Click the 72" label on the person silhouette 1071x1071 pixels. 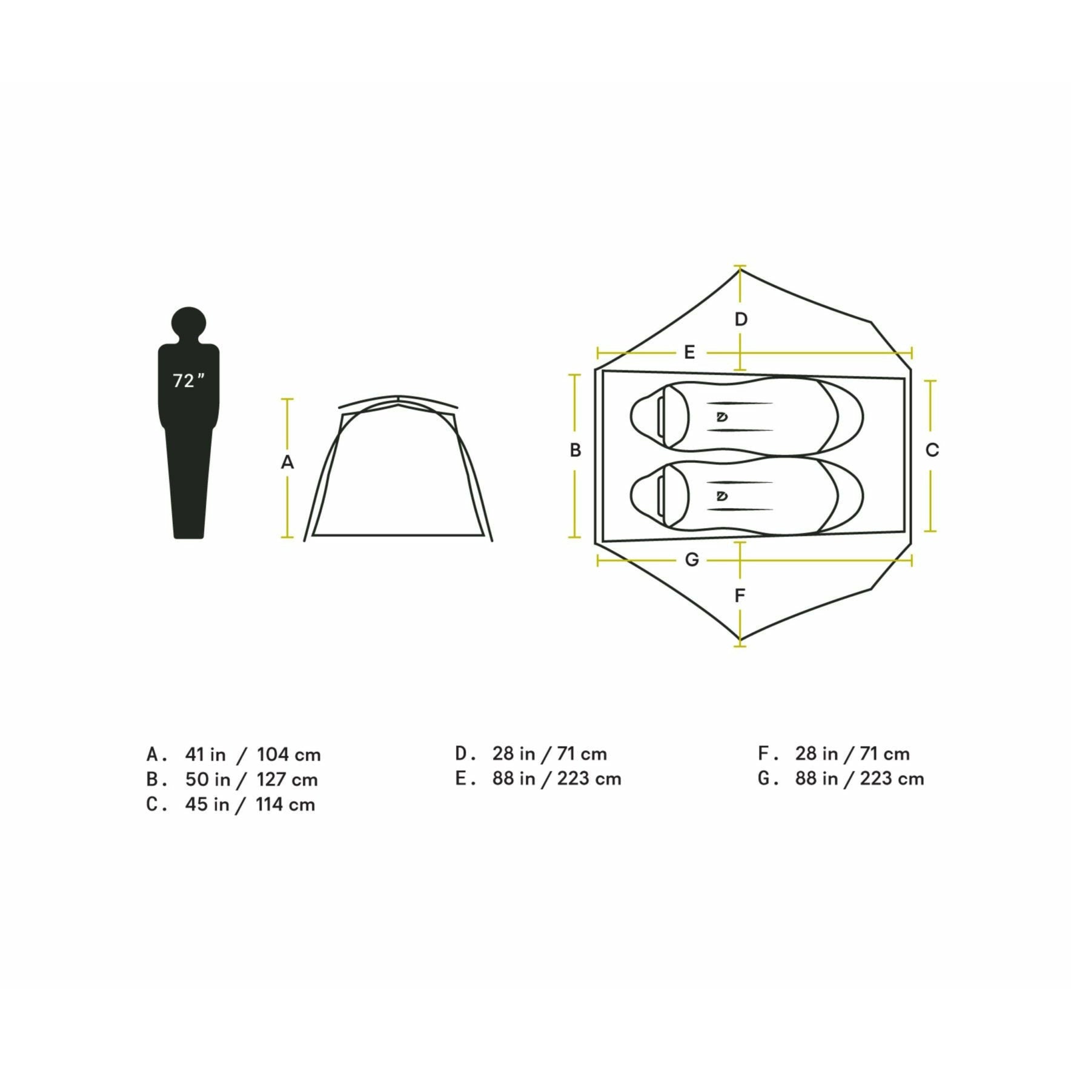pos(188,381)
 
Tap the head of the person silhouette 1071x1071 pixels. pos(188,325)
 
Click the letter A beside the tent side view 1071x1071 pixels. pos(287,462)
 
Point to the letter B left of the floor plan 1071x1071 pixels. pos(575,450)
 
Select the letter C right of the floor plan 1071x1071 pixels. pos(932,450)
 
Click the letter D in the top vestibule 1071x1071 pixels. pos(741,319)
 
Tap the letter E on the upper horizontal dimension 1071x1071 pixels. pos(689,352)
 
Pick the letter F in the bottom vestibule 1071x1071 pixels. pos(740,595)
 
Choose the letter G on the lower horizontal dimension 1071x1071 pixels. pos(692,560)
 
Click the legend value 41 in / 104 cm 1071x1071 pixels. pos(253,754)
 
